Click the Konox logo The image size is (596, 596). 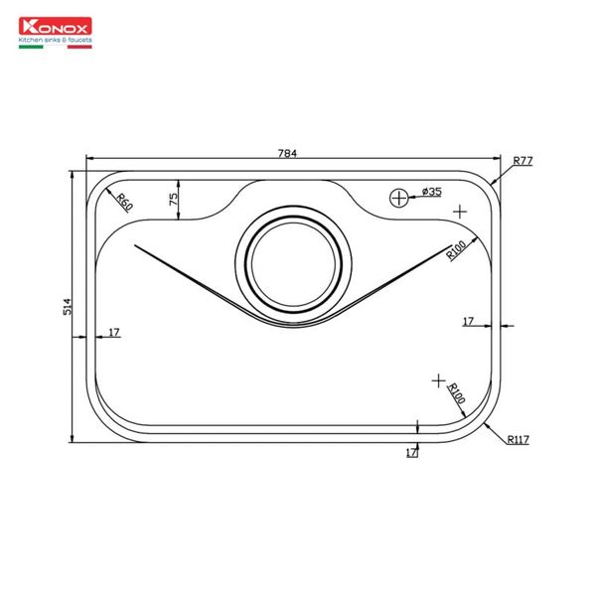(55, 26)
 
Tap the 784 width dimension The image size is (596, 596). (287, 153)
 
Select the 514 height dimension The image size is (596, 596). (67, 306)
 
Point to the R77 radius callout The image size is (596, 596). (523, 161)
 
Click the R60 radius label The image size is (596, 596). (125, 203)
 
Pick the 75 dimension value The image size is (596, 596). (173, 200)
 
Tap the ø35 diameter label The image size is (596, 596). (432, 191)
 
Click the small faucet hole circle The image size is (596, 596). (399, 198)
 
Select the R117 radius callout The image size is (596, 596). (519, 439)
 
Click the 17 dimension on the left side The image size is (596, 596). (114, 333)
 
